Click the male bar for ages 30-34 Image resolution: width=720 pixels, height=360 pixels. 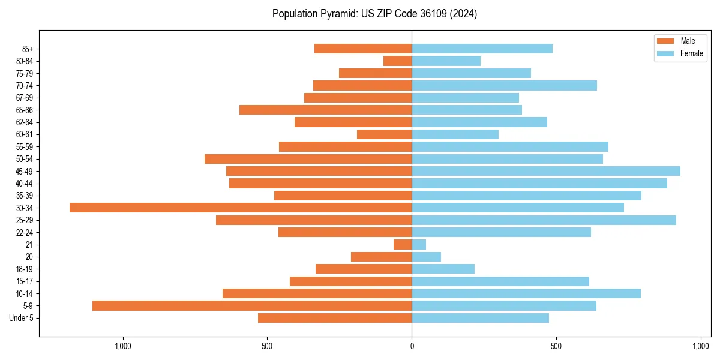click(240, 208)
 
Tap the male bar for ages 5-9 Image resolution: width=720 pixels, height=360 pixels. click(252, 305)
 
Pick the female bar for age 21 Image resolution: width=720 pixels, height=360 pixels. click(419, 244)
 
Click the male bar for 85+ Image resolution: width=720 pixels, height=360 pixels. click(363, 49)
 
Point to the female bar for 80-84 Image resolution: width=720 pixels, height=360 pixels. click(446, 61)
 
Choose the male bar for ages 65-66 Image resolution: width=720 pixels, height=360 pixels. click(325, 110)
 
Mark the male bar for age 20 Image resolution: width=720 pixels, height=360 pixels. click(381, 257)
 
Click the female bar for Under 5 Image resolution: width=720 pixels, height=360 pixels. click(480, 318)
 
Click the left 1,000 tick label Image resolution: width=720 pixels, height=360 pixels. click(122, 346)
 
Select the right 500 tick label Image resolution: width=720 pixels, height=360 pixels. click(556, 346)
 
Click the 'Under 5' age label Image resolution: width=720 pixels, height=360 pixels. click(22, 318)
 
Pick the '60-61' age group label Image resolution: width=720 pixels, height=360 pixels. click(25, 134)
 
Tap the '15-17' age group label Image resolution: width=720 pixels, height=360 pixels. click(25, 281)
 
